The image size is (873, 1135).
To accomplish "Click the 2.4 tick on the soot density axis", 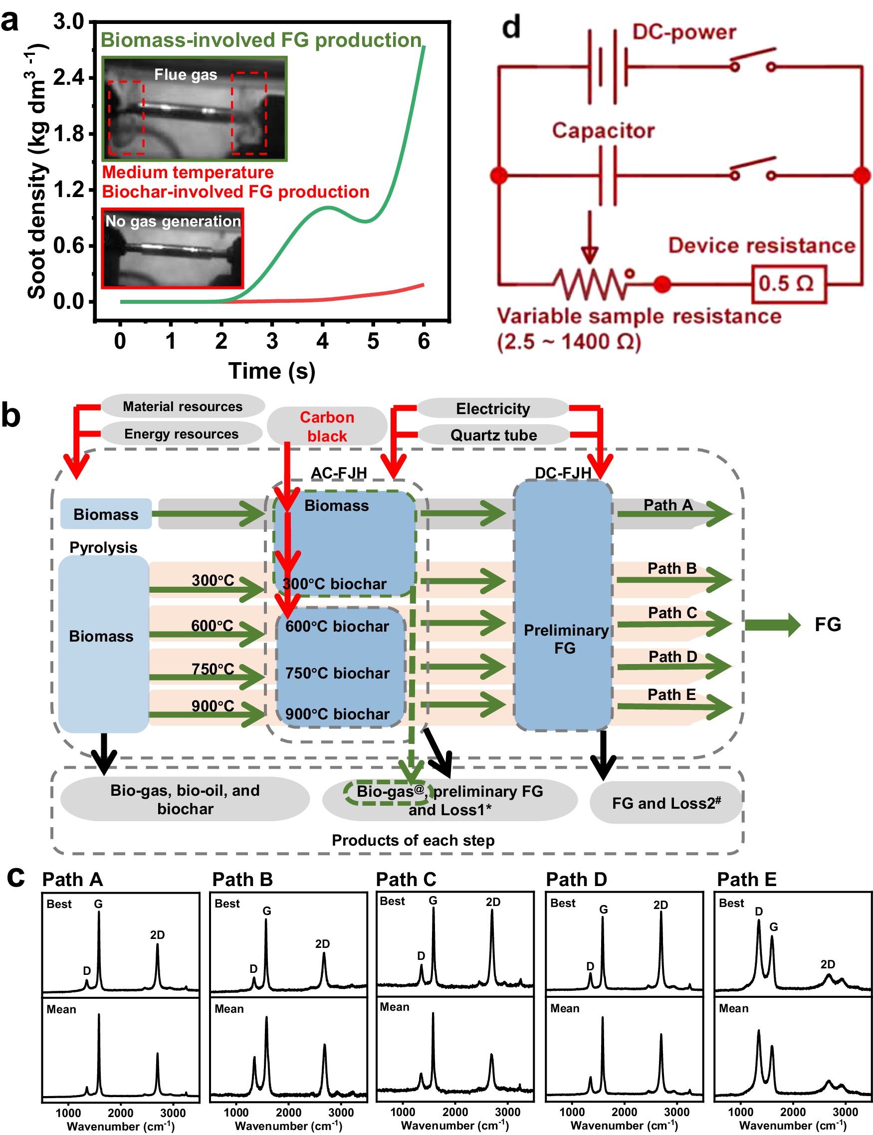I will [x=69, y=77].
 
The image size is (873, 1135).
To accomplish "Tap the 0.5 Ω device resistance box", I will [x=788, y=284].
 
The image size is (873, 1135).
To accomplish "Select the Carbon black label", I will [x=327, y=426].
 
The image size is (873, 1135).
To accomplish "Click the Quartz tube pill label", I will [x=493, y=435].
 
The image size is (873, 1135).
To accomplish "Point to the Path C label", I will [x=672, y=613].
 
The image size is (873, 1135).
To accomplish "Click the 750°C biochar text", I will [x=337, y=673].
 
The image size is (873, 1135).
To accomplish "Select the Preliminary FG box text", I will [x=565, y=639].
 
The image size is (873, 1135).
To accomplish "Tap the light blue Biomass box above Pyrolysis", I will [x=106, y=514].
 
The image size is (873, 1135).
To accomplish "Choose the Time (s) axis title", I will [x=272, y=371].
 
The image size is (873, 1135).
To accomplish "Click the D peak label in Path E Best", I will [x=759, y=911].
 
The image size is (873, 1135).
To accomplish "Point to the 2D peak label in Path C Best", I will [x=493, y=902].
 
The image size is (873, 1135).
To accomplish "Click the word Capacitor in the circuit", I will [x=603, y=130].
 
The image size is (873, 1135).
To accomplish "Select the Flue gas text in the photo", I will [x=186, y=75].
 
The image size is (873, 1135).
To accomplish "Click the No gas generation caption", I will [x=173, y=221].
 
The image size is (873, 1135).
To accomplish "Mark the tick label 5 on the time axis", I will [x=373, y=341].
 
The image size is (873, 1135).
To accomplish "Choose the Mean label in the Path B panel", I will [x=229, y=1009].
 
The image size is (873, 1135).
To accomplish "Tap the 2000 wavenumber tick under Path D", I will [x=624, y=1112].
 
